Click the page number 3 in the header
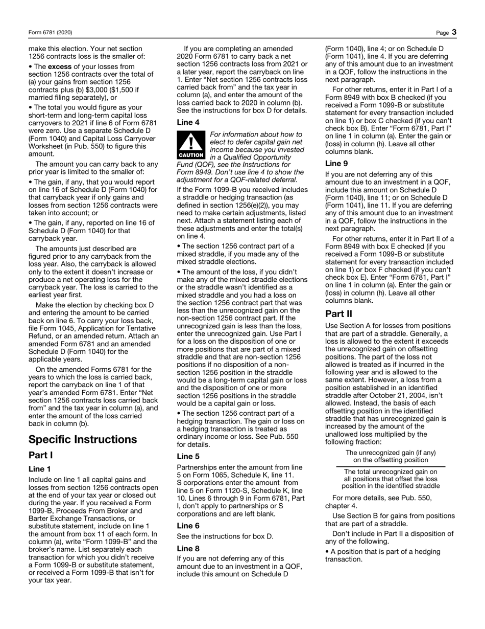click(x=454, y=32)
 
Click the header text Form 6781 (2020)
click(x=50, y=33)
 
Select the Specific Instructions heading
click(x=83, y=439)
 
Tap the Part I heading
click(x=40, y=455)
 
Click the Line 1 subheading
click(x=40, y=469)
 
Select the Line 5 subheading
click(x=188, y=456)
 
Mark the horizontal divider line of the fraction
click(x=391, y=466)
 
